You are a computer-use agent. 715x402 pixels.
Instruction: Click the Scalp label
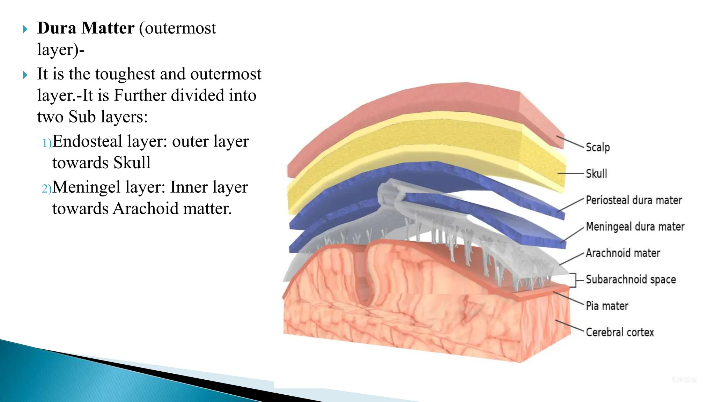598,147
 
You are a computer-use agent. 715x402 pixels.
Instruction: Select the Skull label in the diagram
596,173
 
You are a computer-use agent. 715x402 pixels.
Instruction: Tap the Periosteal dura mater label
634,200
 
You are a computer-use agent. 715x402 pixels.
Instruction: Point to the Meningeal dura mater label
635,227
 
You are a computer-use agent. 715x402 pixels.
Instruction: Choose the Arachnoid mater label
623,253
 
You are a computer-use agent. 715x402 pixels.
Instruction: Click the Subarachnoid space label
631,280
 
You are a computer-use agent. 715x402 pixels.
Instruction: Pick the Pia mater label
607,306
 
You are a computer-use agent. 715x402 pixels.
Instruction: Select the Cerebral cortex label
620,332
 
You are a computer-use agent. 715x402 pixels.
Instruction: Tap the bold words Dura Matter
86,28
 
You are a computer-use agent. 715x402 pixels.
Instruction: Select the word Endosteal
87,141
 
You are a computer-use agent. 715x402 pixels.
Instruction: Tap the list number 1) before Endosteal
46,143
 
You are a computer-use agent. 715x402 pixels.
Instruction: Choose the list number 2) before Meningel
46,189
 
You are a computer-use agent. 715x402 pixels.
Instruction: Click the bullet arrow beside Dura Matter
25,29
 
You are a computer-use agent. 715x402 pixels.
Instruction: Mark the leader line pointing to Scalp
570,142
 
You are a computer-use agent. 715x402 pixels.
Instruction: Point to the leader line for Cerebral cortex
569,326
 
